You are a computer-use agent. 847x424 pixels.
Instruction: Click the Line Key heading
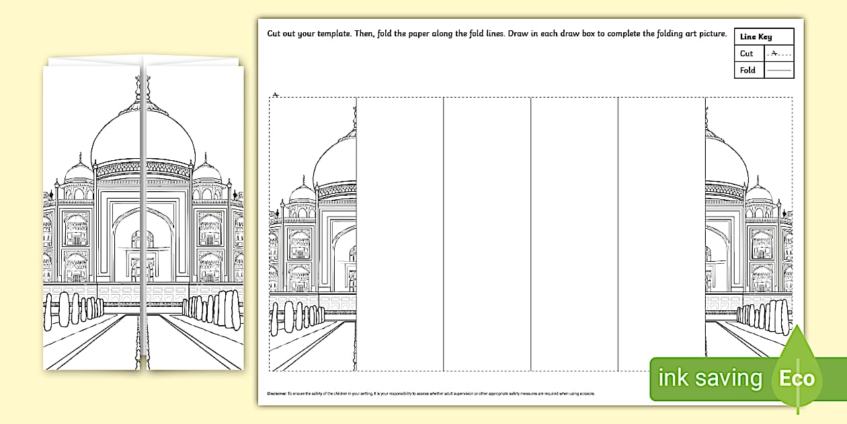756,37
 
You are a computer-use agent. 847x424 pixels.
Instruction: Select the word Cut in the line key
747,54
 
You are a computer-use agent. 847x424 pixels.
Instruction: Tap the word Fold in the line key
748,70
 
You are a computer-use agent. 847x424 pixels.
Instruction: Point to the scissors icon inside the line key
775,52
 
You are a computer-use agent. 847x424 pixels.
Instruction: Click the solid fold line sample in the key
779,70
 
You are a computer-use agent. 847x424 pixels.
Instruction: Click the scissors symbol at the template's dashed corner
276,95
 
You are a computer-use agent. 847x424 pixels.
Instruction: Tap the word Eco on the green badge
797,378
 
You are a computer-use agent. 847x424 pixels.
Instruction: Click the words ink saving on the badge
710,378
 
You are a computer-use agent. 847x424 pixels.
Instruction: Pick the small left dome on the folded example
79,172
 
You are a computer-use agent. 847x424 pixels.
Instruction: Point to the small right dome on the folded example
207,172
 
